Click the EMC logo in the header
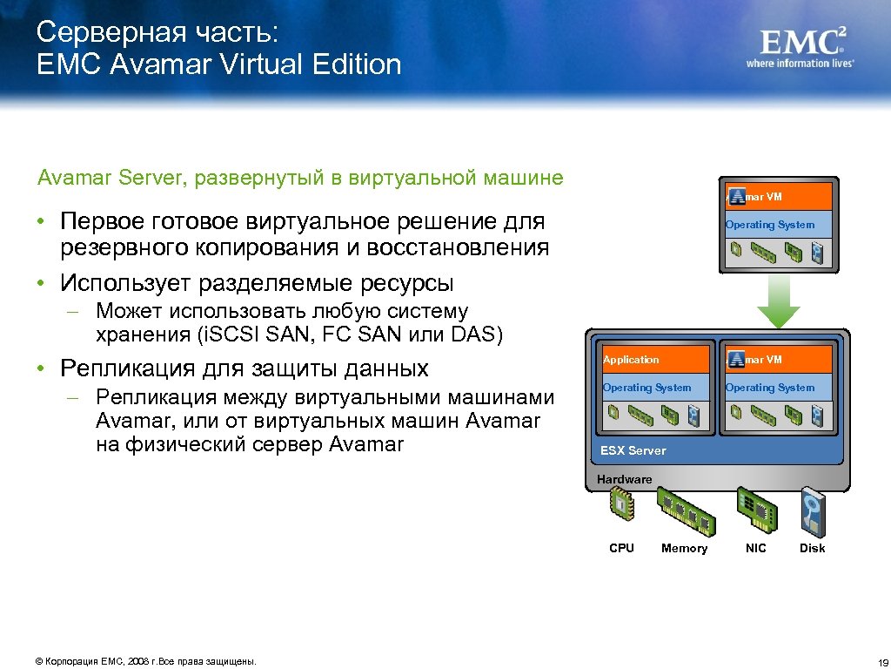(x=802, y=41)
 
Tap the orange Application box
(x=654, y=360)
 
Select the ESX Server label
(x=633, y=450)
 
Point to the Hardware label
(x=624, y=479)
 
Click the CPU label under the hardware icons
(x=621, y=548)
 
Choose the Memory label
(x=684, y=548)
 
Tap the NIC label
(x=756, y=548)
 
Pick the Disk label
(x=812, y=548)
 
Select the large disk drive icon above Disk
(x=813, y=513)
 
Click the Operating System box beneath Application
(x=654, y=388)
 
